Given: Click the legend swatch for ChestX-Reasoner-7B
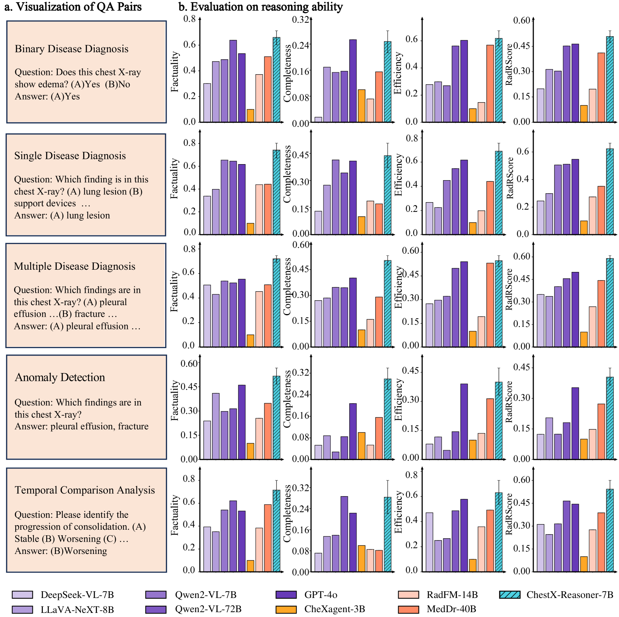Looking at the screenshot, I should point(510,595).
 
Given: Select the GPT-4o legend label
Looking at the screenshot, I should point(320,595).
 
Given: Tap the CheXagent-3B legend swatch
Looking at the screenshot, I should point(286,609).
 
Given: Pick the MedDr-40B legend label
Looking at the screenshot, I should point(451,609).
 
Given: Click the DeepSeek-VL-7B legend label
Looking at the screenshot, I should point(77,595).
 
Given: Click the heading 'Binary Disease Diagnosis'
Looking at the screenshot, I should point(72,49).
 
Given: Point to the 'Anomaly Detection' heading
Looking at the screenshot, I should point(60,377).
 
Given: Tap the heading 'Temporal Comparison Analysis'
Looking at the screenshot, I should point(85,490).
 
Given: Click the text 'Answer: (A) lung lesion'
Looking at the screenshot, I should point(62,215).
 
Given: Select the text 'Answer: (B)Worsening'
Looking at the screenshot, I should point(61,551).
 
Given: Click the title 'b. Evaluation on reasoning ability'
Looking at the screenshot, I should point(260,7).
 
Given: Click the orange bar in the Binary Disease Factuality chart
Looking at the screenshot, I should point(250,116).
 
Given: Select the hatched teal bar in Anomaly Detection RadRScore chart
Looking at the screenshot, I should point(610,418).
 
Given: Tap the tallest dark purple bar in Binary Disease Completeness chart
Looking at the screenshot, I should point(353,81).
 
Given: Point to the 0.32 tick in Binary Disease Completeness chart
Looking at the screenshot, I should point(300,19).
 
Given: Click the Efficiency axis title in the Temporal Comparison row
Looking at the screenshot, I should point(398,512).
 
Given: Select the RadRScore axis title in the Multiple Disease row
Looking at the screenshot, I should point(509,289).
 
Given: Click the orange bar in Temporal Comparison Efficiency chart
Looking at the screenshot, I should point(473,565).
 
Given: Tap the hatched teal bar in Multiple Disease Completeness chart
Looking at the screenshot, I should point(388,303).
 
